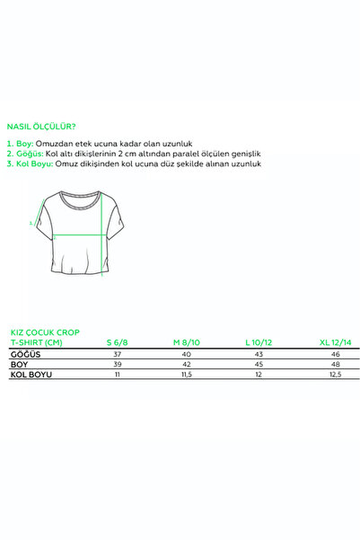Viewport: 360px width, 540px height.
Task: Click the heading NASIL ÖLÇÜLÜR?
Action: (x=41, y=127)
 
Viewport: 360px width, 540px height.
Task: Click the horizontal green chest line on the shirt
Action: (x=80, y=235)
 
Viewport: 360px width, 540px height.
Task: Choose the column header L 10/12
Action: (x=259, y=342)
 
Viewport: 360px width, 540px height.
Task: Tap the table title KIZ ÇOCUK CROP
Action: (x=45, y=332)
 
